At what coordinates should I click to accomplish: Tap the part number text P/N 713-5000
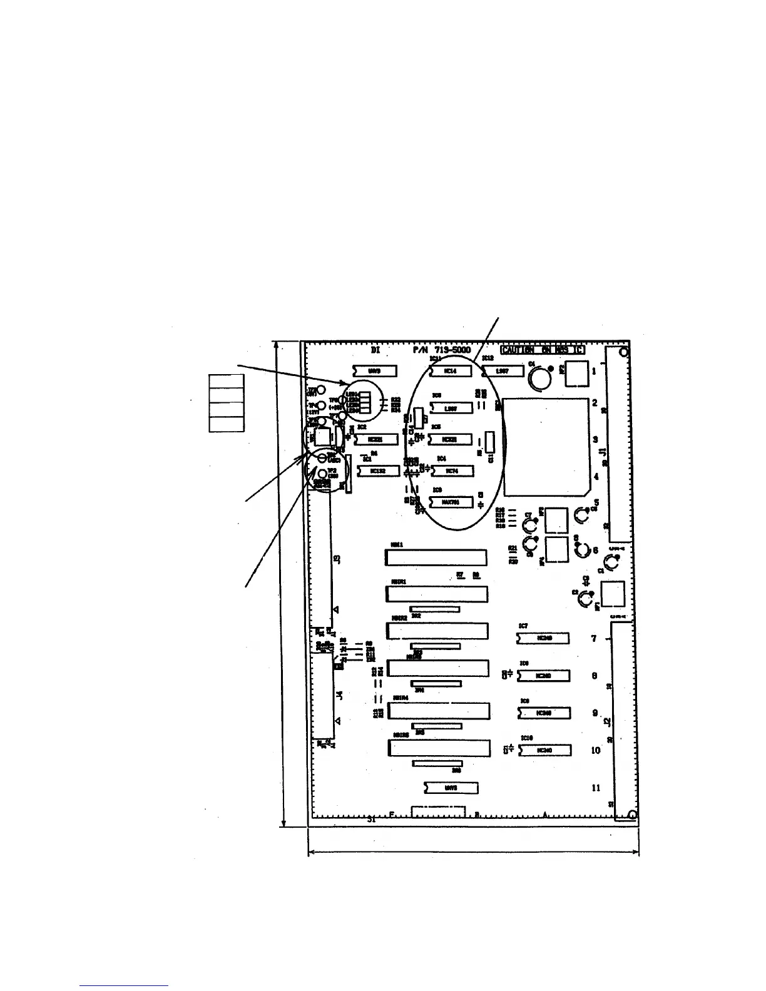pos(442,350)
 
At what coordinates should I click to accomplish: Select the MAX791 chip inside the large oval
pos(451,502)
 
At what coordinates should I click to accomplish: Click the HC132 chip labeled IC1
pos(378,470)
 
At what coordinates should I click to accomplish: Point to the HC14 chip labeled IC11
pos(451,371)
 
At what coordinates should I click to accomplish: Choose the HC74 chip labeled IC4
pos(451,470)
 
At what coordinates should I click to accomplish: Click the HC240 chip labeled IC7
pos(543,638)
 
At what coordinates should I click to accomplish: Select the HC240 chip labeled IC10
pos(544,750)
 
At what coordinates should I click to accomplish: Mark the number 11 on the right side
pos(596,788)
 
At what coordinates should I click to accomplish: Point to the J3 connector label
pos(338,559)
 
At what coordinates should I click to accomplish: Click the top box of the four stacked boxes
pos(226,381)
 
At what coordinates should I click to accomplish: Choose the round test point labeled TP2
pos(321,474)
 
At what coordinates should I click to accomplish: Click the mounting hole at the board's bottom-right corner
pos(631,814)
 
